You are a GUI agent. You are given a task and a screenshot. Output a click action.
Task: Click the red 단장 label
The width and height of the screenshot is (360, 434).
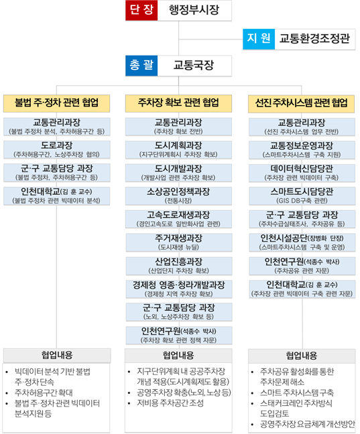pos(141,10)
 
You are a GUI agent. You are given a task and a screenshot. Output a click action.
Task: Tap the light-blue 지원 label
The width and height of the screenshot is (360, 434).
pos(259,39)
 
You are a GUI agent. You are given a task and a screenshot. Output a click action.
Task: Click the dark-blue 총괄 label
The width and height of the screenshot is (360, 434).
pos(141,66)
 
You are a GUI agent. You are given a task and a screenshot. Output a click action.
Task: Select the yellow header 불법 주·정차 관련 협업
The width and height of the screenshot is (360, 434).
pos(56,103)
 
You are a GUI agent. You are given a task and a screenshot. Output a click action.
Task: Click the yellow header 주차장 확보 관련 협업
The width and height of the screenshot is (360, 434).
pos(178,103)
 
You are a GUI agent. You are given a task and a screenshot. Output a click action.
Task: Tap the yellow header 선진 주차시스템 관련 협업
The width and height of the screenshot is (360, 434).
pos(301,104)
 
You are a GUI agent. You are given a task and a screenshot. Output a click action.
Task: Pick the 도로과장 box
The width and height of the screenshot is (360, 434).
pos(57,149)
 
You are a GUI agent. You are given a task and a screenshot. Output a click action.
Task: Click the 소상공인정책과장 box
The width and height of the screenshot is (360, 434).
pos(178,196)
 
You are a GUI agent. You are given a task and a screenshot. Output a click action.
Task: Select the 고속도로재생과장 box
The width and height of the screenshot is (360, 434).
pos(178,219)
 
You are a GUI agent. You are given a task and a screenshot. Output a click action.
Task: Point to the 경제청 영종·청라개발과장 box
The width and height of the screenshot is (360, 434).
pos(179,289)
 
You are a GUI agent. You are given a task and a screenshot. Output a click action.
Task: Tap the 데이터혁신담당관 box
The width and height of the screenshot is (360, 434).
pos(302,173)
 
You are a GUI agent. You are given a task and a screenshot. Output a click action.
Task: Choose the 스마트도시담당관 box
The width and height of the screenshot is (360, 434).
pos(302,196)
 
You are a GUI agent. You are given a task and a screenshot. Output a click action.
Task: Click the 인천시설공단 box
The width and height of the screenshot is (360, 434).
pos(302,242)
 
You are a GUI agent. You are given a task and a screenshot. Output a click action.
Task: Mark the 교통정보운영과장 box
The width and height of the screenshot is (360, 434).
pos(302,150)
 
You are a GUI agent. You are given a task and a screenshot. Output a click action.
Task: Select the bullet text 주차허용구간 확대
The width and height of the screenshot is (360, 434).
pos(44,392)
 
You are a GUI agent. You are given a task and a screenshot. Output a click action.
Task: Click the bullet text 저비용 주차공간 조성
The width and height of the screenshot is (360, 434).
pos(170,403)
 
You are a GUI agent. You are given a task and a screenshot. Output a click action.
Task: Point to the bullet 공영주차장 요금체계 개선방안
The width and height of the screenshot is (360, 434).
pos(307,424)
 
